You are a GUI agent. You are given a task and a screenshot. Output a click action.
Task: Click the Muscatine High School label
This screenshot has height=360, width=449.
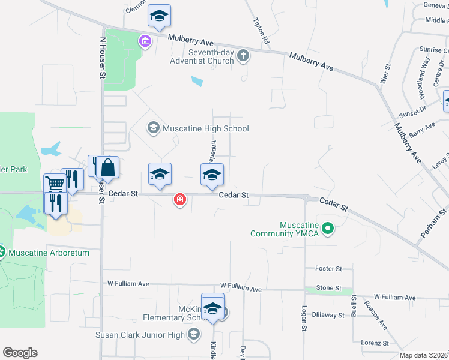coord(205,128)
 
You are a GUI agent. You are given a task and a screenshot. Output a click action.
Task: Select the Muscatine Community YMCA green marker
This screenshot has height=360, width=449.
coord(328,228)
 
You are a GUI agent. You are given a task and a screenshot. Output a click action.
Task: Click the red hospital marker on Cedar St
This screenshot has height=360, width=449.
coord(179,200)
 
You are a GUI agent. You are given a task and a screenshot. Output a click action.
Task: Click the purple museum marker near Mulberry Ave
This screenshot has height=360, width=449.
coord(144,41)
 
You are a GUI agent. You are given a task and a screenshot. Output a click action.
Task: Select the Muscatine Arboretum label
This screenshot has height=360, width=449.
coord(49,253)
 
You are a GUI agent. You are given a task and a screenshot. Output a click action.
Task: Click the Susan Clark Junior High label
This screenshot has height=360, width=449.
coord(141,334)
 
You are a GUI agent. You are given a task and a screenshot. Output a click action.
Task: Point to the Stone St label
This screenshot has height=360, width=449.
coord(328,288)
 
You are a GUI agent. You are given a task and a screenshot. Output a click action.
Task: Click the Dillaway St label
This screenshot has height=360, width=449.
coord(328,314)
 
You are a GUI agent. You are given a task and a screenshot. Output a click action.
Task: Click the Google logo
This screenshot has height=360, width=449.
coord(20,353)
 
